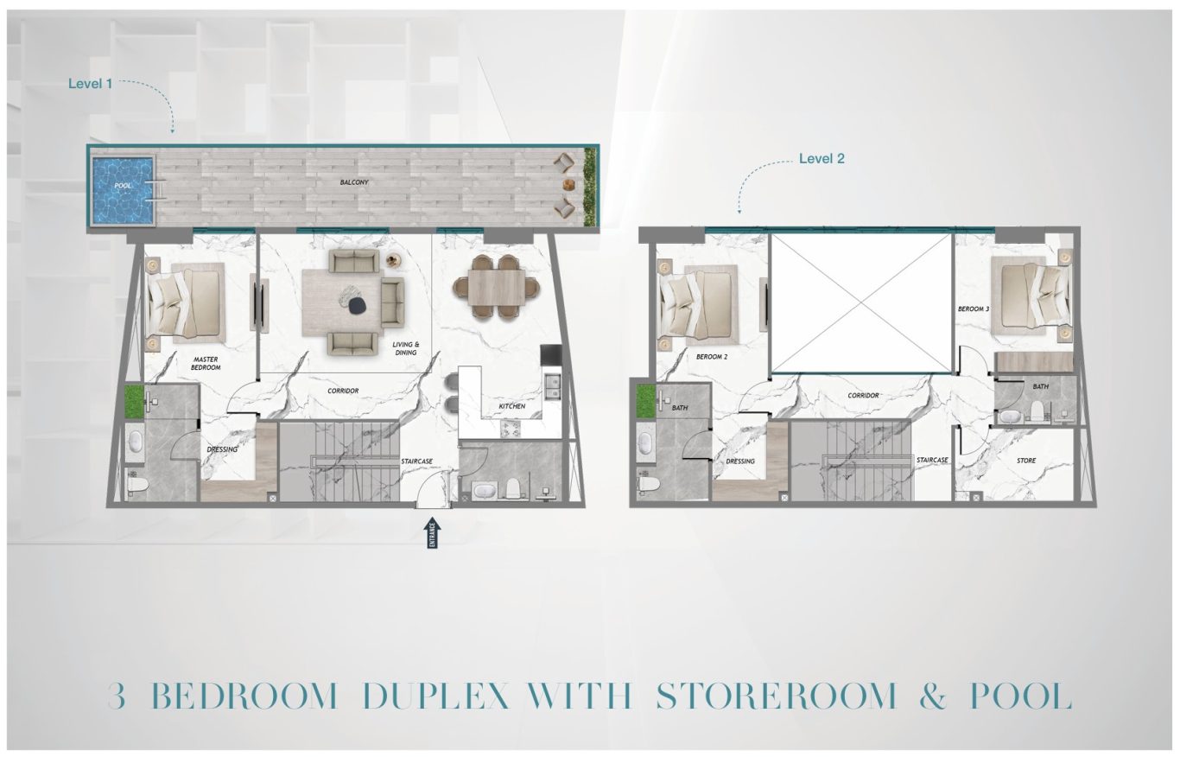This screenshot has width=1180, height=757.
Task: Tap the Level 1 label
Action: tap(90, 83)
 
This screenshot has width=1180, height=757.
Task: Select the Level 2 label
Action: tap(822, 159)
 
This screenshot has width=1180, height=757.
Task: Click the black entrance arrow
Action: tap(433, 534)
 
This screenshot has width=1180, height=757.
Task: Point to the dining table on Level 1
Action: tap(496, 287)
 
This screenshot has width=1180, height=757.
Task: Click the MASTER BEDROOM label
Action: tap(206, 363)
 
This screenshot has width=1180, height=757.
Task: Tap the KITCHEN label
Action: tap(512, 406)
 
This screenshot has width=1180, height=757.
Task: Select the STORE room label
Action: tap(1026, 461)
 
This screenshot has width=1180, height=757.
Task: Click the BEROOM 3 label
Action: tap(974, 309)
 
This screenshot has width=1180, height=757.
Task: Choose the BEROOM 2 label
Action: tap(712, 356)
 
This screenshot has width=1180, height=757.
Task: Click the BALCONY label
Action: tap(354, 181)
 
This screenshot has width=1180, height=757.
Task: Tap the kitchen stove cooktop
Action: tap(510, 429)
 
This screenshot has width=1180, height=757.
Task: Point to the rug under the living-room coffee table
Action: tap(342, 302)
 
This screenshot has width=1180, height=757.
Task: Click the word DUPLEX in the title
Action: tap(436, 697)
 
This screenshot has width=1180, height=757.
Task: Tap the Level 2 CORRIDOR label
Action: tap(863, 395)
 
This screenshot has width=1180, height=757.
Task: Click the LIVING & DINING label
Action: tap(406, 348)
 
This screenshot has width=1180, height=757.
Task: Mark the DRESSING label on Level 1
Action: tap(222, 449)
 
